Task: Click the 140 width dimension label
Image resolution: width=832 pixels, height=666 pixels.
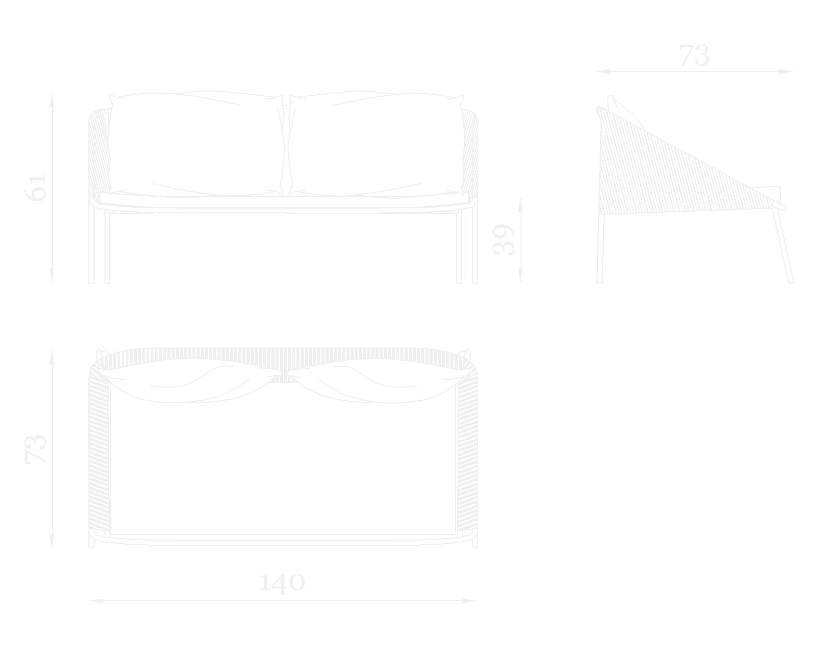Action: click(282, 583)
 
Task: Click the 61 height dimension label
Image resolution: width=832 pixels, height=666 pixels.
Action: click(37, 187)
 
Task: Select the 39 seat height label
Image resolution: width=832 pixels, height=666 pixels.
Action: click(503, 239)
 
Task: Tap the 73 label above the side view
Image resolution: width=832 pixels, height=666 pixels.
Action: click(694, 56)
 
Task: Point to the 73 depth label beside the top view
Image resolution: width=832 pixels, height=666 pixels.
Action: click(37, 449)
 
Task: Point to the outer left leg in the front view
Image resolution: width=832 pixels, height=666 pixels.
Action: click(92, 245)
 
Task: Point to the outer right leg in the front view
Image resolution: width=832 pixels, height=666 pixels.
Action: click(475, 245)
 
